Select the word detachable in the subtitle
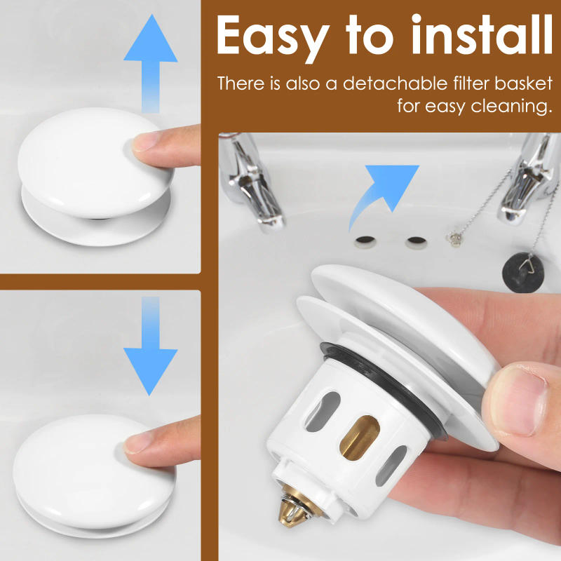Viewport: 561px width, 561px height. (x=395, y=83)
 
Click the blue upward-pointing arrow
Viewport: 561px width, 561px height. (x=151, y=64)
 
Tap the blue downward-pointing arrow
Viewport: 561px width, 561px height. (x=151, y=346)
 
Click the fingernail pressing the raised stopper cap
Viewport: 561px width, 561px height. (x=146, y=141)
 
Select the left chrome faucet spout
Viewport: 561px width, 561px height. (x=252, y=181)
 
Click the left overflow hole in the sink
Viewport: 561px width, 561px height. (x=365, y=241)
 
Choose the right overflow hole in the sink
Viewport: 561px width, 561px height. (x=417, y=242)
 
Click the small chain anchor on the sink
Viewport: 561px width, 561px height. (x=455, y=238)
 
